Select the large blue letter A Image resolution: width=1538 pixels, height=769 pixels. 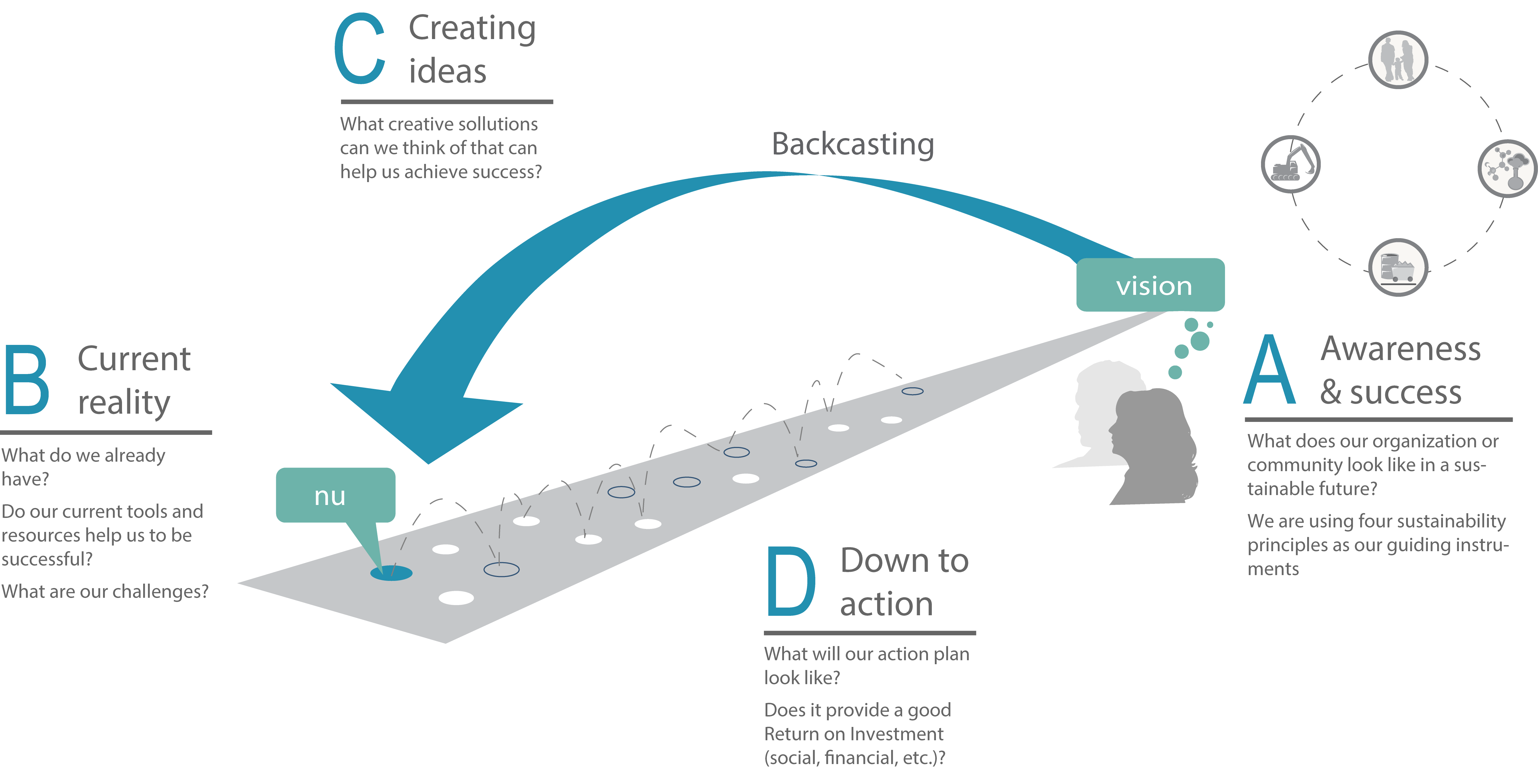(x=1270, y=369)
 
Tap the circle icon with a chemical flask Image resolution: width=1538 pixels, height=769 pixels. (x=1507, y=169)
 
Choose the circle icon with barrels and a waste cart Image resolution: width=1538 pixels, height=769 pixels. (x=1398, y=267)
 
